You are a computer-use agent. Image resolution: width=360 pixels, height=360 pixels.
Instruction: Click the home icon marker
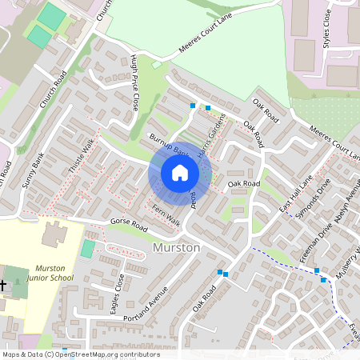click(180, 173)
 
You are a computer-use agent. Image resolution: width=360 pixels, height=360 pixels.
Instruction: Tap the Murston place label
click(176, 248)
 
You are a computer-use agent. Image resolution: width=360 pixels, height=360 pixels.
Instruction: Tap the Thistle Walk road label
click(82, 155)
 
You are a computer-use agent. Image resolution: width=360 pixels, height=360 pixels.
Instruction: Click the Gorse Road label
click(130, 223)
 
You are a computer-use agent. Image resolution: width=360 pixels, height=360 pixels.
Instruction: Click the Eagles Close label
click(120, 294)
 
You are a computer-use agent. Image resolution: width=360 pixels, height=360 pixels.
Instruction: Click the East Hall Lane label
click(294, 194)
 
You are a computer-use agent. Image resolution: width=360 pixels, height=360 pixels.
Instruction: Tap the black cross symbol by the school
click(3, 285)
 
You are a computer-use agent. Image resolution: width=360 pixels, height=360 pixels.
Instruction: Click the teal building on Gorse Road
click(87, 249)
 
